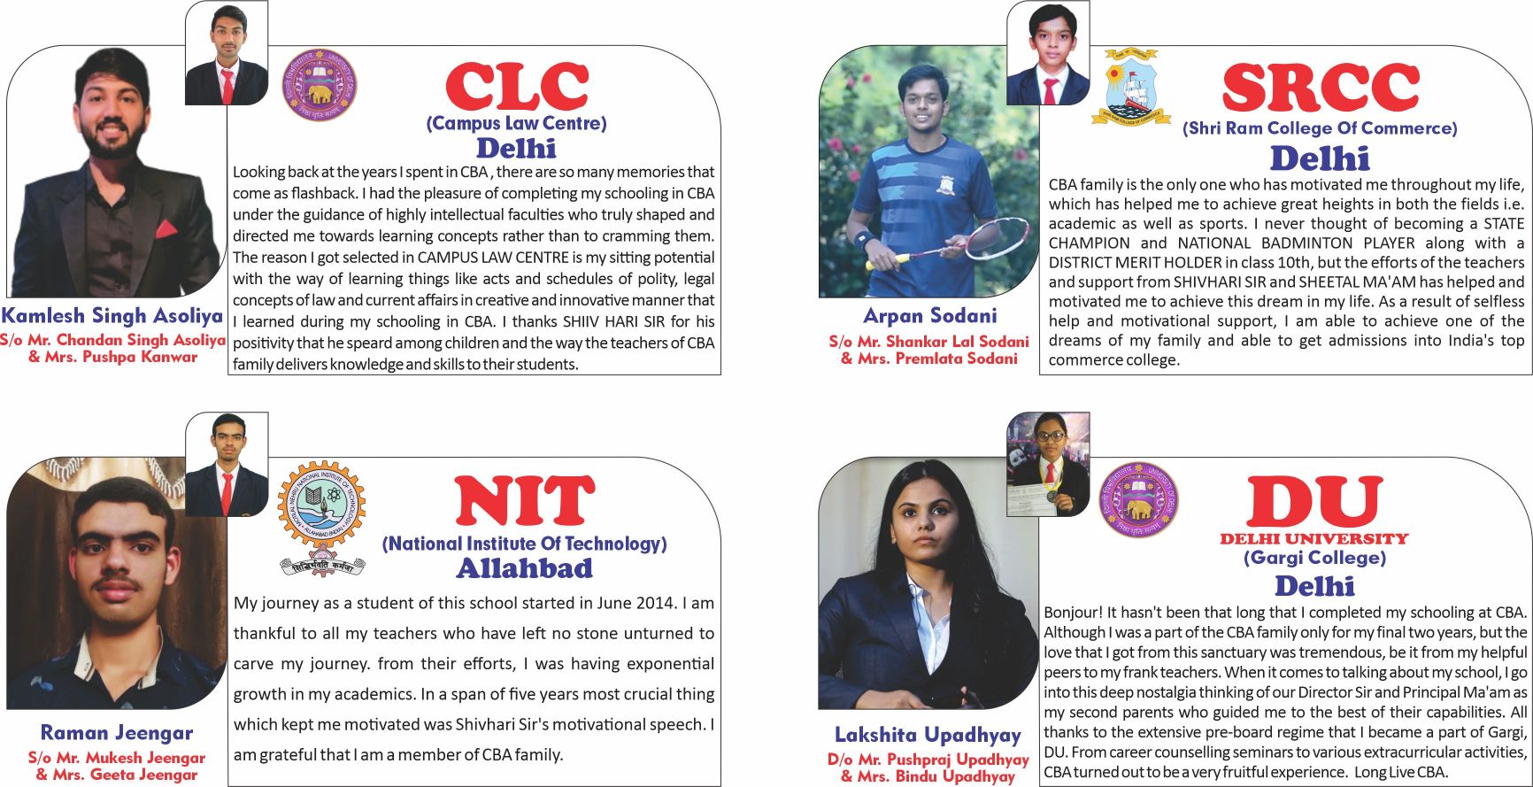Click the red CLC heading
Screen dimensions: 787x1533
516,88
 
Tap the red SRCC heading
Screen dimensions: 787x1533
1320,89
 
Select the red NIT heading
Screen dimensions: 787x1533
524,501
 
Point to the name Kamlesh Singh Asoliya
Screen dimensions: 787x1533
112,315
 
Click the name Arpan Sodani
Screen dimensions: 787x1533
929,315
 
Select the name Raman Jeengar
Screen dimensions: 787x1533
116,732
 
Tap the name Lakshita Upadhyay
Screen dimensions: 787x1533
928,734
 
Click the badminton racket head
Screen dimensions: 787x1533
997,237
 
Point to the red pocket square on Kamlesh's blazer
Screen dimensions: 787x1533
166,230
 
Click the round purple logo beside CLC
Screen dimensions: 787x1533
320,85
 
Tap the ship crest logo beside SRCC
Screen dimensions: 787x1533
1136,87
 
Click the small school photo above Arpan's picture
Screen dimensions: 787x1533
1048,53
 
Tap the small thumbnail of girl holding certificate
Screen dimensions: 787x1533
1048,464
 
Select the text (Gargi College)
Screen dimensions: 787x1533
1313,558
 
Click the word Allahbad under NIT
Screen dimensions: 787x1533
524,567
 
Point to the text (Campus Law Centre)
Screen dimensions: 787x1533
516,123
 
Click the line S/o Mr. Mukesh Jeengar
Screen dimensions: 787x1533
116,758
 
